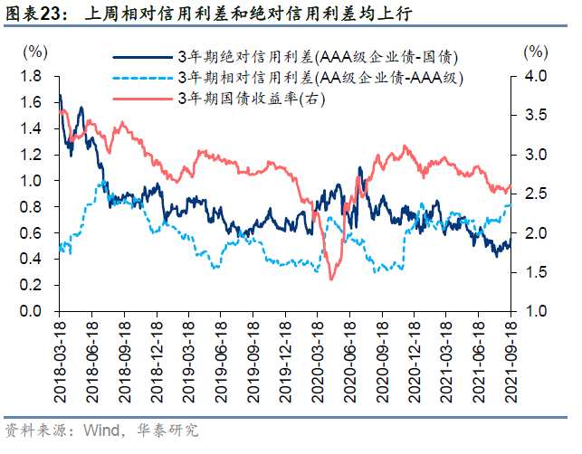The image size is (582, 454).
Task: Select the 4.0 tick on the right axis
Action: [x=537, y=76]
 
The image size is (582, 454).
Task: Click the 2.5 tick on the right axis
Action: [x=537, y=194]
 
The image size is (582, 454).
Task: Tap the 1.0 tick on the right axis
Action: [x=537, y=311]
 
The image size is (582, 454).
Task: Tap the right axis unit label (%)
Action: [x=536, y=50]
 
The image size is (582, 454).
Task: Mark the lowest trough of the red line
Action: [x=331, y=279]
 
